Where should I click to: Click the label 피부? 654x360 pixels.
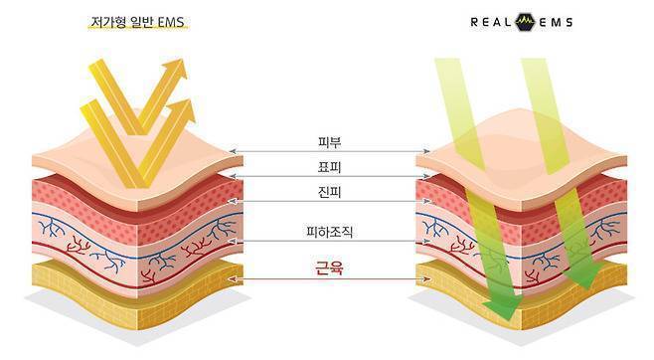point(329,142)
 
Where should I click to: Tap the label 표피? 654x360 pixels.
point(329,167)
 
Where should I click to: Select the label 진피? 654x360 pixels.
point(329,192)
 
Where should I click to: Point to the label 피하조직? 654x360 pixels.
point(330,232)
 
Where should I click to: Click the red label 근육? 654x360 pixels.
point(330,268)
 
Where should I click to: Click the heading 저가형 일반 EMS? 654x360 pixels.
point(137,22)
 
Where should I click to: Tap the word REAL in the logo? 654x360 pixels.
point(491,22)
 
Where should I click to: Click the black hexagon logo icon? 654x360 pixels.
point(525,22)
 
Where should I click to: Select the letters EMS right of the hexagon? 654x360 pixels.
point(556,22)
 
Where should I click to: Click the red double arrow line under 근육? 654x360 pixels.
point(330,279)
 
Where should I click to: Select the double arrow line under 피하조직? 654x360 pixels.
point(330,241)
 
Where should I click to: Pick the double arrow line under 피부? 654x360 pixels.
point(330,151)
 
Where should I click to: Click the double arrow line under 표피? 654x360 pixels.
point(330,176)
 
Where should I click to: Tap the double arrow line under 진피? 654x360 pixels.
point(330,202)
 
